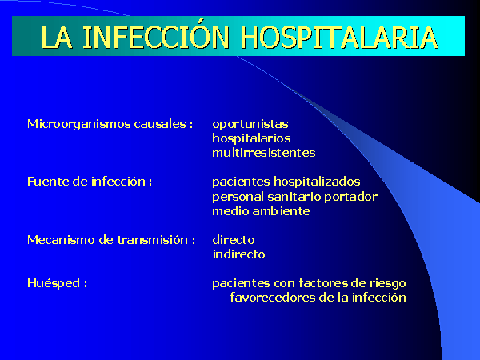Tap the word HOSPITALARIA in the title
coord(339,38)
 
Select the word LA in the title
coord(57,38)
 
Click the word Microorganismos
coord(79,125)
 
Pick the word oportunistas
coord(250,125)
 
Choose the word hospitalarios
coord(251,138)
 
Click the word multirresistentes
coord(263,153)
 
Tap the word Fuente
coord(48,182)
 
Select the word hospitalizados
coord(317,182)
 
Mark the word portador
coord(350,197)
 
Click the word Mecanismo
coord(62,240)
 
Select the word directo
coord(234,240)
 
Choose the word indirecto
coord(238,254)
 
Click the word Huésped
coord(54,283)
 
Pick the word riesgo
coord(387,283)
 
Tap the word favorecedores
coord(273,298)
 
